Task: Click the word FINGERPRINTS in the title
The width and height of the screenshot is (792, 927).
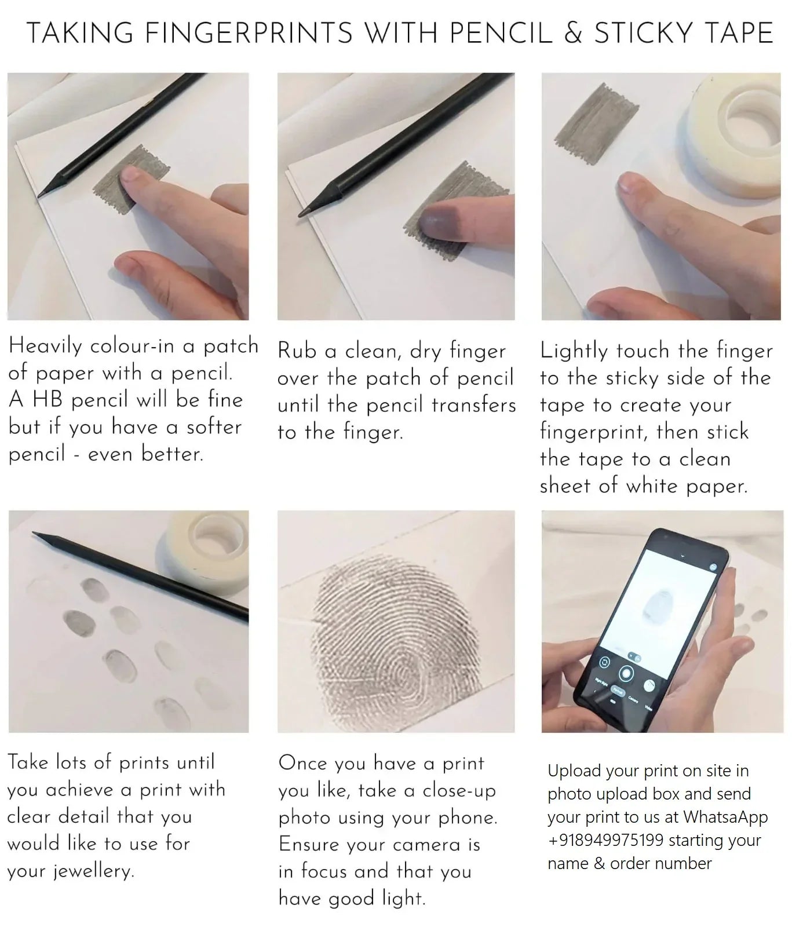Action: [249, 33]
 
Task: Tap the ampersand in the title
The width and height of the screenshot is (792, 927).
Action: [573, 33]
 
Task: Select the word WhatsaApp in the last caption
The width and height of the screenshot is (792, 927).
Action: [725, 817]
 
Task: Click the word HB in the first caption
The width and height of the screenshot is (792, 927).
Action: [48, 400]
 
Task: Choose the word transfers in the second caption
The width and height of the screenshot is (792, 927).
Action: [474, 404]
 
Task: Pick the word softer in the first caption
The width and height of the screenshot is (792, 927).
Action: [213, 427]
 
